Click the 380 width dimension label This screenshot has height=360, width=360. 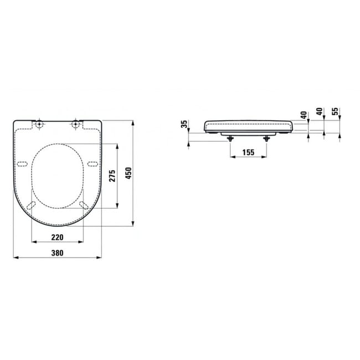[x=57, y=253]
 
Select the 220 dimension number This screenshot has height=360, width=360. [x=57, y=237]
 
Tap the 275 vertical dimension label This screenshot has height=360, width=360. [x=112, y=176]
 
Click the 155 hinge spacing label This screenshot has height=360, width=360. [x=248, y=152]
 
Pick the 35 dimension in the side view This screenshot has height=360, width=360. [x=184, y=124]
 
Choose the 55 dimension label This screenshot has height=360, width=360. [x=335, y=111]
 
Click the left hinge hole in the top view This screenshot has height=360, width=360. [x=39, y=124]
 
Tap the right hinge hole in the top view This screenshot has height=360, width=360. [x=75, y=124]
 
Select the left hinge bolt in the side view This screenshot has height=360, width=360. [x=230, y=138]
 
